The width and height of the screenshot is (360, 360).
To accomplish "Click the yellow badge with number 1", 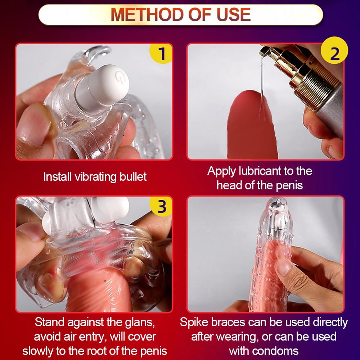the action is coord(161,53).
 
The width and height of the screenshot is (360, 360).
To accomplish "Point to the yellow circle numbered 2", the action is coord(334,50).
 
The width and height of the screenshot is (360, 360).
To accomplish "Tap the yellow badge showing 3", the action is coord(161,206).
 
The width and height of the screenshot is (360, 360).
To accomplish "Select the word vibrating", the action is coord(96,177).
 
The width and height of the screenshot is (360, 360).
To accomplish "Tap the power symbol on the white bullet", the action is coord(119,76).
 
